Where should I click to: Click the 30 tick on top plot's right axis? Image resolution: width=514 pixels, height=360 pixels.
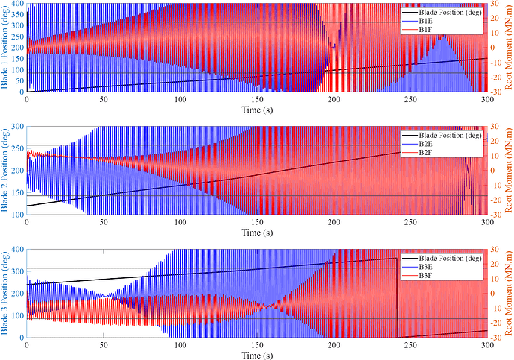pos(495,4)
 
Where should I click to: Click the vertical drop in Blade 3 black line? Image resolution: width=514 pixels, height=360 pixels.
pos(396,298)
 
